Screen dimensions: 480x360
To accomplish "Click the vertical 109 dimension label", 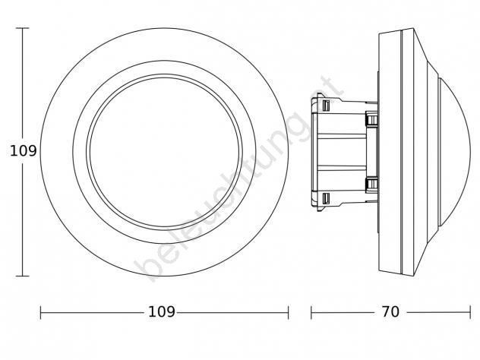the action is tap(24, 151).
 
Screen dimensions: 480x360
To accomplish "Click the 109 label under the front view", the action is tap(161, 312).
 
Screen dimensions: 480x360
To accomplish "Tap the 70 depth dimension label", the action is tap(390, 312).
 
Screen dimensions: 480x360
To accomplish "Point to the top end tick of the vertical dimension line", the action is tap(22, 28).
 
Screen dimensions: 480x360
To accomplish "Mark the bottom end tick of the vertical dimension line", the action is tap(22, 276).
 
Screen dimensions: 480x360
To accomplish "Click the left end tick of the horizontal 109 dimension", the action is tap(41, 313).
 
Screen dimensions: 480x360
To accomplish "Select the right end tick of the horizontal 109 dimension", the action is tap(288, 313).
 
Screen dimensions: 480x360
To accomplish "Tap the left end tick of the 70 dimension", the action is tap(311, 313).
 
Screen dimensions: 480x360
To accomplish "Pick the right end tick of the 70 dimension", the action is tap(470, 313).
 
